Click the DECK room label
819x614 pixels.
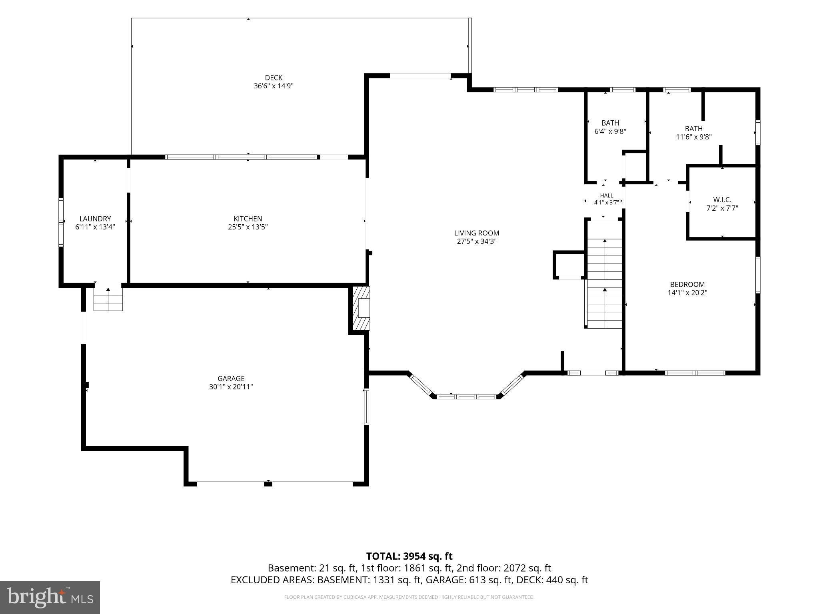click(x=274, y=78)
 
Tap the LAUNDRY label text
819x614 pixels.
click(x=95, y=219)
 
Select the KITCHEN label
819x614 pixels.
click(x=248, y=219)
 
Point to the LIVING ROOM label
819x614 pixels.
click(x=477, y=233)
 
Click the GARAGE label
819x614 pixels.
click(x=231, y=379)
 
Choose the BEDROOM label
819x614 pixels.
click(x=687, y=284)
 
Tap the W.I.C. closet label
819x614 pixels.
click(x=722, y=200)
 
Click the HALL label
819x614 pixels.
click(x=607, y=195)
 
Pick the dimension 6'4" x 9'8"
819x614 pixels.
click(x=610, y=131)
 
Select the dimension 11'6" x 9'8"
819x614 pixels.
click(x=694, y=137)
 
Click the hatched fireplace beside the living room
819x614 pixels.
click(x=361, y=308)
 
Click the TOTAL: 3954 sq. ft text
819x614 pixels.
click(x=409, y=556)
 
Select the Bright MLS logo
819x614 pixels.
click(x=50, y=598)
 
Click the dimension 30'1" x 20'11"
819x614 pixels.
click(x=231, y=387)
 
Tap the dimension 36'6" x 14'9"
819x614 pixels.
click(x=274, y=86)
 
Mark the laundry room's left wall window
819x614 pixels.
click(x=61, y=222)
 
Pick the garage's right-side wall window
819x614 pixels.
click(x=366, y=406)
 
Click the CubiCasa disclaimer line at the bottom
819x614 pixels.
click(x=409, y=597)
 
